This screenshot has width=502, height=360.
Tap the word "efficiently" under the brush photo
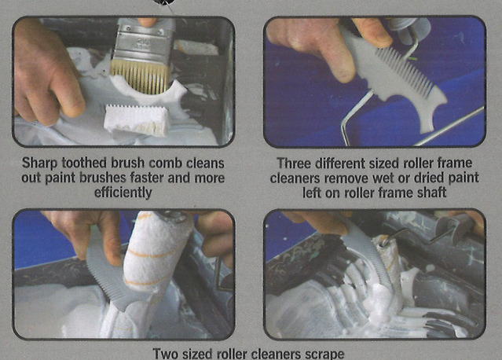(x=123, y=193)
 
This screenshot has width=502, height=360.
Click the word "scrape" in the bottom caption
(x=324, y=354)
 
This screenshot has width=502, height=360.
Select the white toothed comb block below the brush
(x=137, y=119)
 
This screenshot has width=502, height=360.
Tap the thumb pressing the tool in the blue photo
(x=372, y=32)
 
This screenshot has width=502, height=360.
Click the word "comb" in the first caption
(x=166, y=163)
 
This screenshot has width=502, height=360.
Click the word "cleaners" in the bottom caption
(x=276, y=354)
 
